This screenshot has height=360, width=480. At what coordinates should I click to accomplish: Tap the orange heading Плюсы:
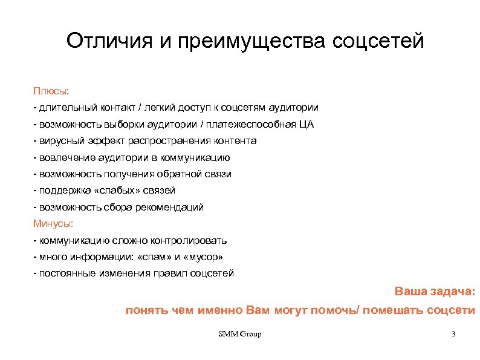[x=51, y=91]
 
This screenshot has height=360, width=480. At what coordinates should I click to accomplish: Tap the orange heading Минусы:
[x=53, y=224]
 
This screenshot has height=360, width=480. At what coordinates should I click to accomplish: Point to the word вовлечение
[x=63, y=158]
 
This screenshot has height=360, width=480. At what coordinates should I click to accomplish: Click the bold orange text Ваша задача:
[x=435, y=291]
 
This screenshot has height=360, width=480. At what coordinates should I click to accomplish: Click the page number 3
[x=453, y=335]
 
